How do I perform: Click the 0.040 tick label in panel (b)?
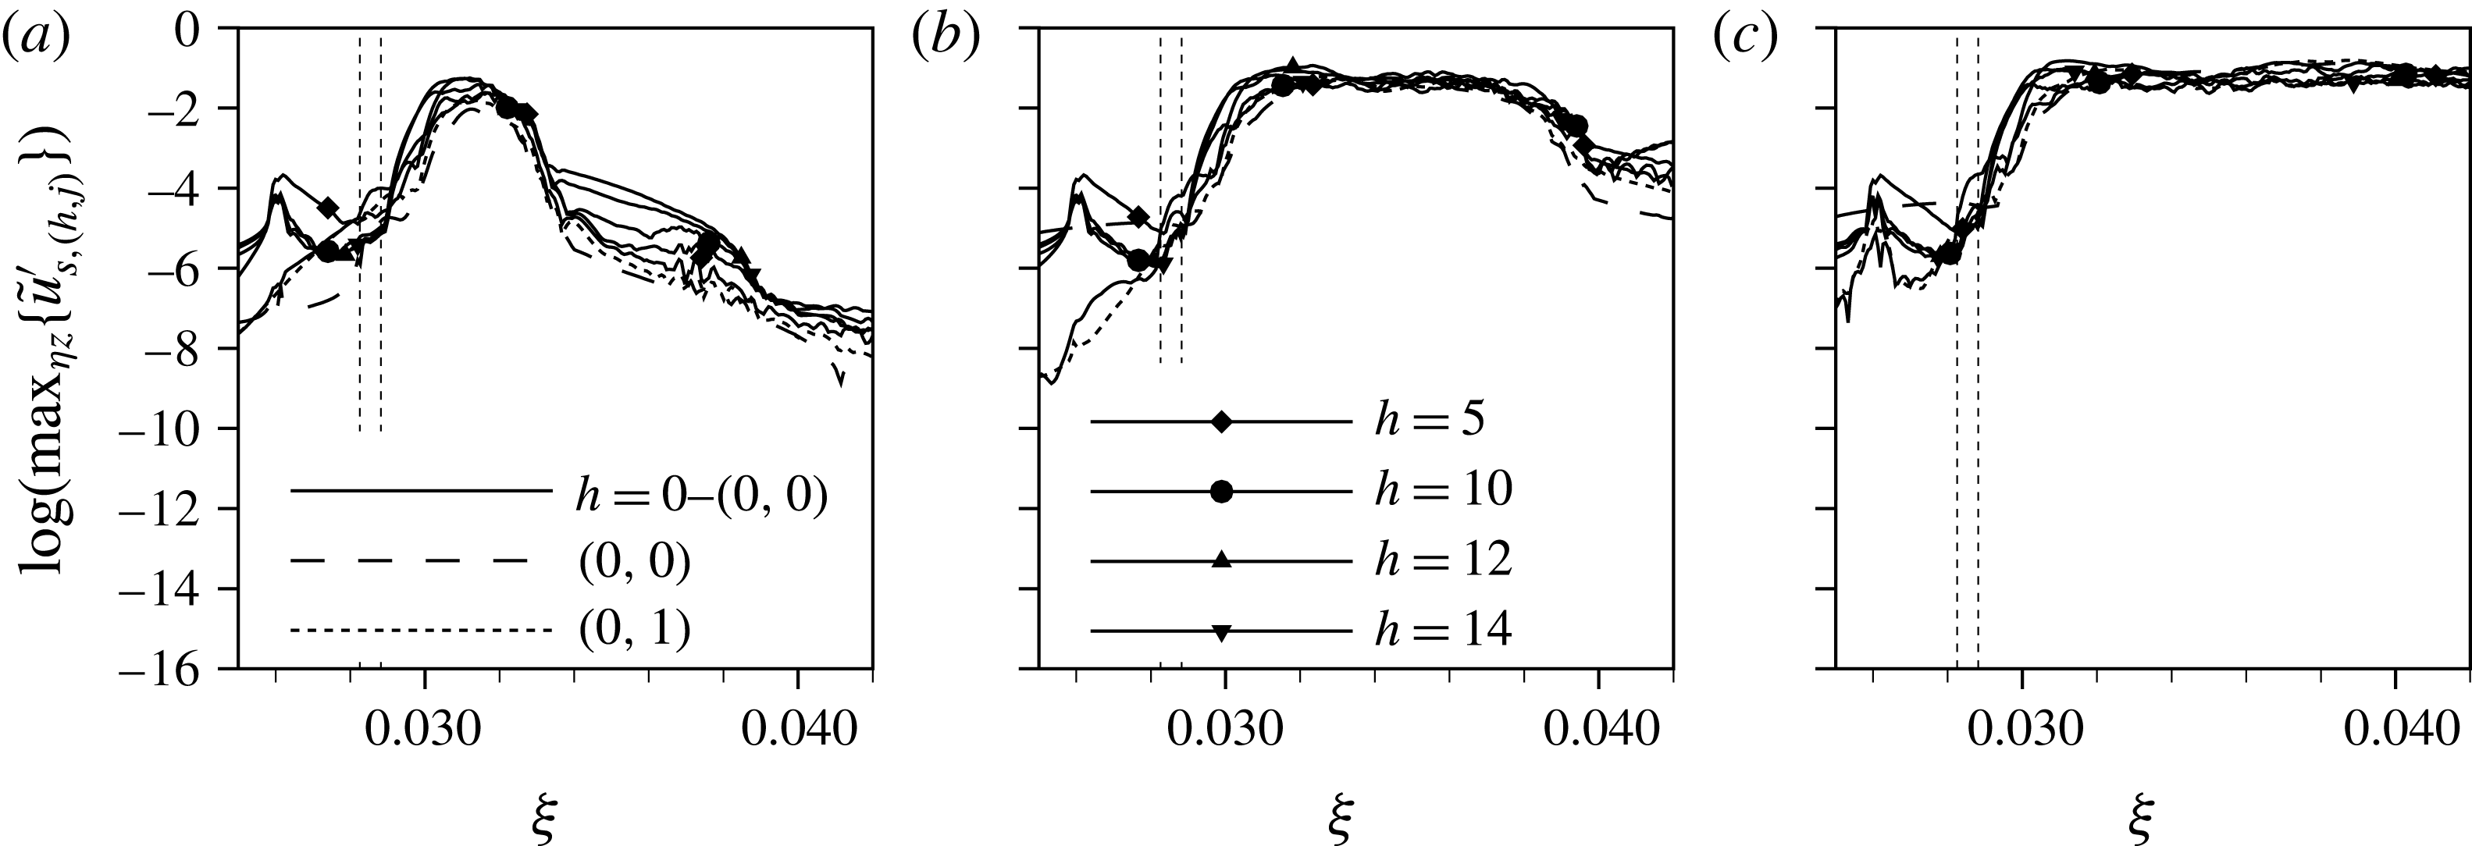point(1599,731)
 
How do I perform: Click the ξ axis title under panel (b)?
point(1341,820)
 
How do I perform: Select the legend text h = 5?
point(1430,421)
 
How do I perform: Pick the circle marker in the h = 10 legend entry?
point(1220,491)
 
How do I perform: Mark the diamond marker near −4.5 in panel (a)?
point(327,207)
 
